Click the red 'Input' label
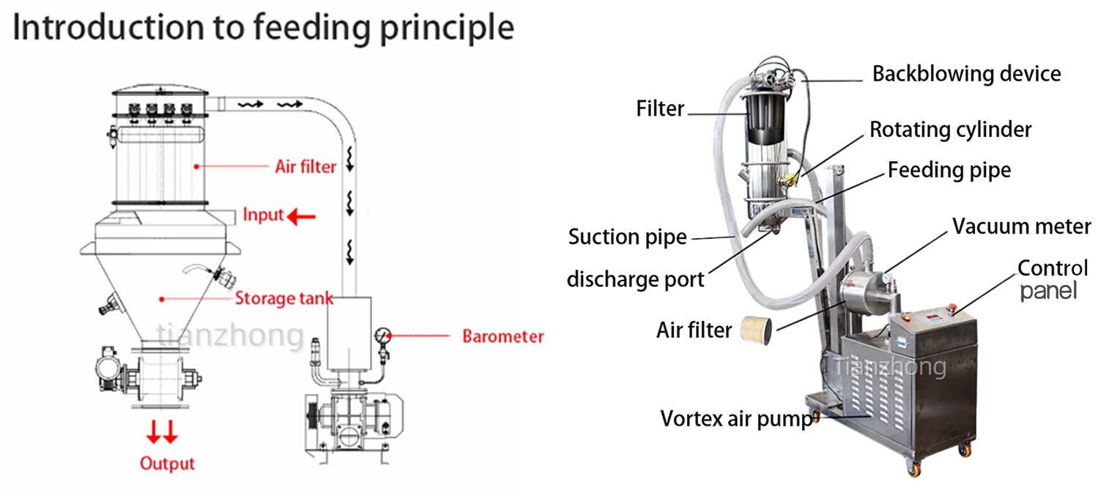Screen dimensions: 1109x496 click(x=263, y=215)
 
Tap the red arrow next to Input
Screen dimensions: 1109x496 click(x=301, y=216)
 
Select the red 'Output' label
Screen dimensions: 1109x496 click(x=167, y=464)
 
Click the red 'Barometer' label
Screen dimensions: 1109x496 click(x=503, y=336)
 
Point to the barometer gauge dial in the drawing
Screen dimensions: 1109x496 click(x=382, y=335)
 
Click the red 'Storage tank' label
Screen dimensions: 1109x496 click(x=284, y=298)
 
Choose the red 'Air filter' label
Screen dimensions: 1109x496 click(x=305, y=167)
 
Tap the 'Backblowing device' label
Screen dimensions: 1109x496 click(x=966, y=74)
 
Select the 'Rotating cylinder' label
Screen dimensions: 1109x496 click(x=951, y=130)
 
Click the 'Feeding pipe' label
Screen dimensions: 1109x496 click(x=949, y=170)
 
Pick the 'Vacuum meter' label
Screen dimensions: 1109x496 click(x=1021, y=226)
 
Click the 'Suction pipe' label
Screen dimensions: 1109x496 click(x=627, y=237)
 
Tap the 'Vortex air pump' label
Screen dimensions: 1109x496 click(x=736, y=419)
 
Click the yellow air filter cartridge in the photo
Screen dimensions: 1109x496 click(x=756, y=330)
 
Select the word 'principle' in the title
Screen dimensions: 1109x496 click(x=447, y=29)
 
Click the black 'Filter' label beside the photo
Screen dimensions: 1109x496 click(x=660, y=108)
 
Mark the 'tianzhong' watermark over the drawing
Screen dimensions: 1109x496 click(x=230, y=335)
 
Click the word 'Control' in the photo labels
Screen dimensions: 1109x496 click(x=1053, y=268)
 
